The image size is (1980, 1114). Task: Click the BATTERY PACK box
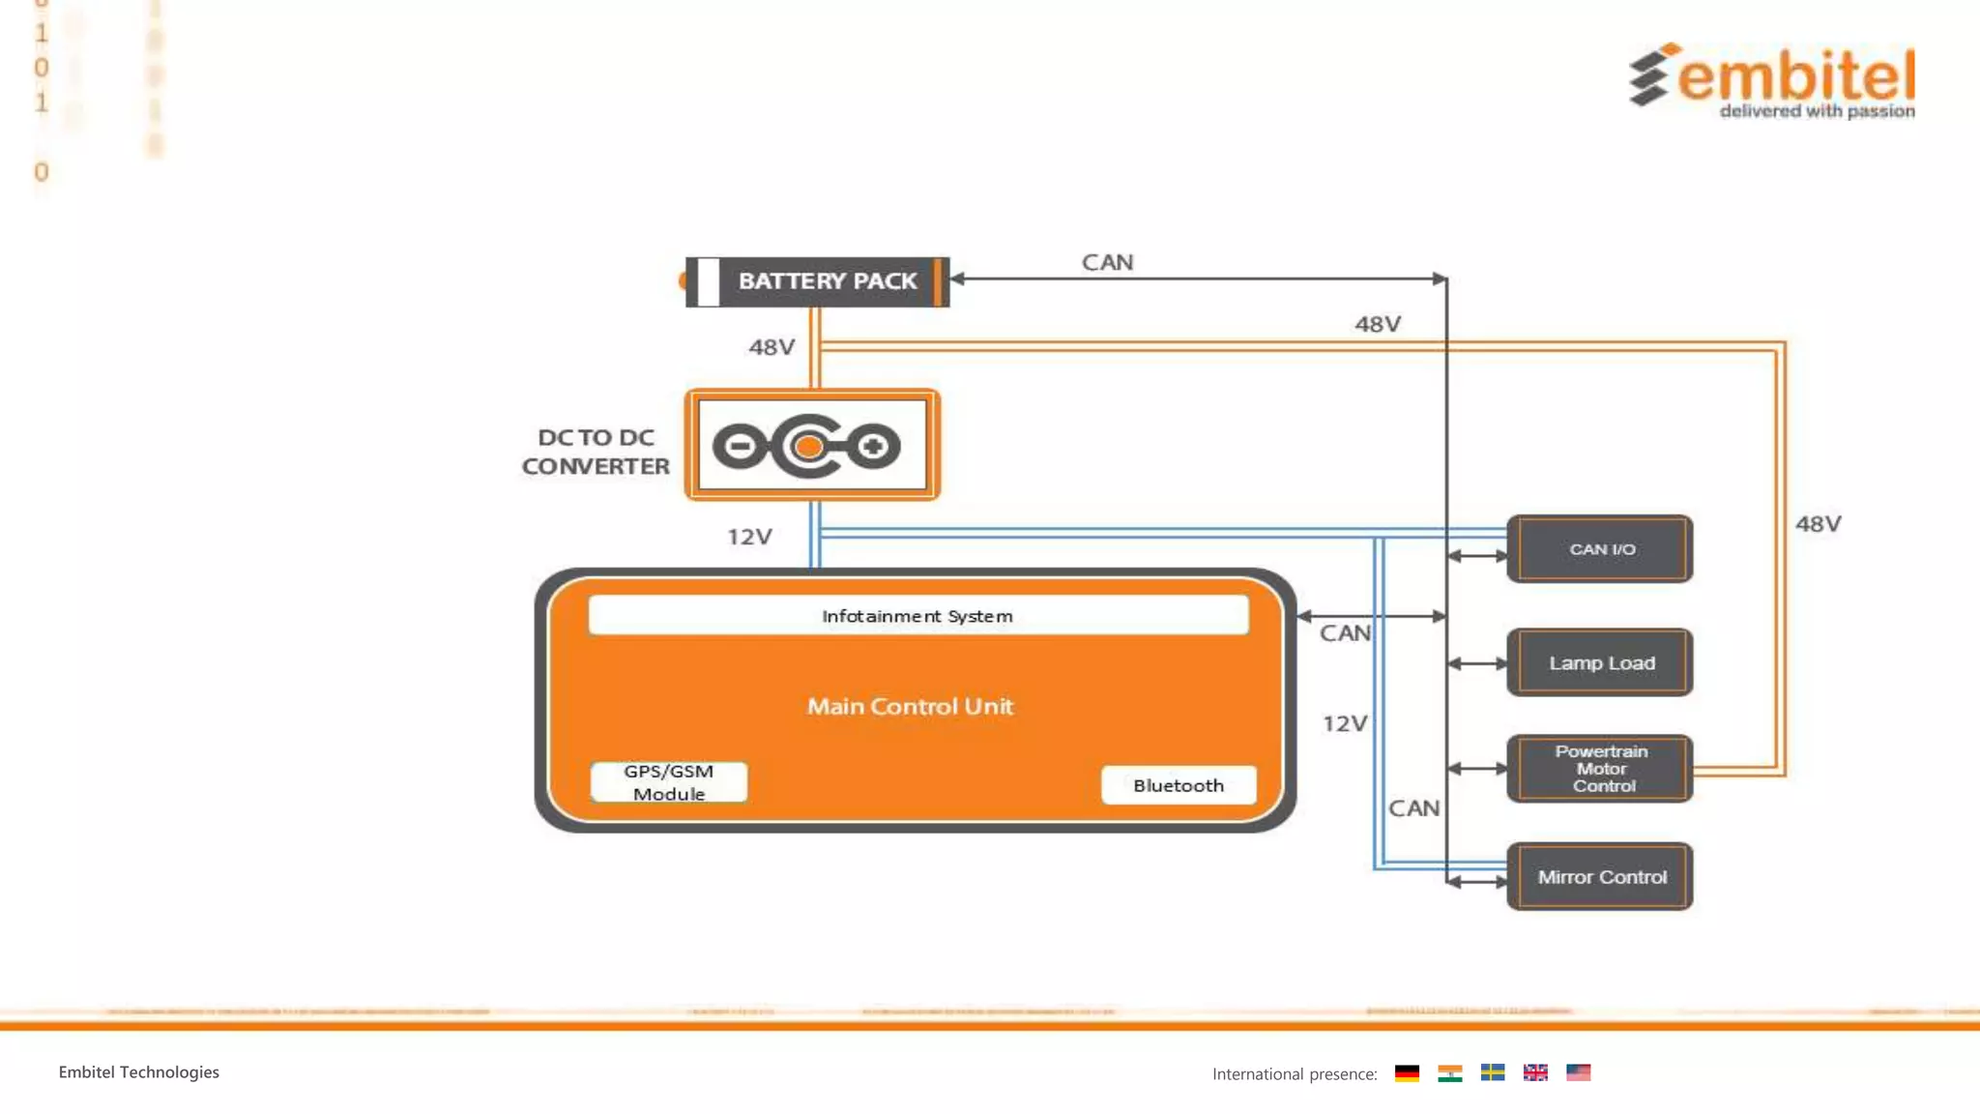(x=818, y=281)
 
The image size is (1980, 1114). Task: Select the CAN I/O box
(x=1600, y=548)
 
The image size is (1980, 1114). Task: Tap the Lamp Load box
(x=1600, y=663)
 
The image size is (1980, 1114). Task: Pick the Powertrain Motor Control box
(x=1600, y=769)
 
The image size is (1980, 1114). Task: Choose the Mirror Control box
(x=1600, y=877)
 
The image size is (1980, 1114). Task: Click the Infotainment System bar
(x=917, y=616)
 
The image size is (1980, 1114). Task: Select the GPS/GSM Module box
(x=669, y=782)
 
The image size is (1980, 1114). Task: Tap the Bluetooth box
(x=1179, y=785)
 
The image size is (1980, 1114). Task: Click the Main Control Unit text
(x=910, y=707)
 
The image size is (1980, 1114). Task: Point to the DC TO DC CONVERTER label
(x=596, y=452)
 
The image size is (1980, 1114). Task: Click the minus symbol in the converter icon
(x=740, y=446)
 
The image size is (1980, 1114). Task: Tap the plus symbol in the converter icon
(x=873, y=446)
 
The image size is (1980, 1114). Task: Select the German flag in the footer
(x=1407, y=1072)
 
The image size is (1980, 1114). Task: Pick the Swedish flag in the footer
(x=1492, y=1072)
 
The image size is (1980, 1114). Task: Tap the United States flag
(x=1578, y=1072)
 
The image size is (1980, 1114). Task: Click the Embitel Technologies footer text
(x=139, y=1071)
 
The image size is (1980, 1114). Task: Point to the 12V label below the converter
(x=749, y=537)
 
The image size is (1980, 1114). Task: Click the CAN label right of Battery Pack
(x=1107, y=262)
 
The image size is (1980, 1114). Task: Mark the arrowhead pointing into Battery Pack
(x=958, y=278)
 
